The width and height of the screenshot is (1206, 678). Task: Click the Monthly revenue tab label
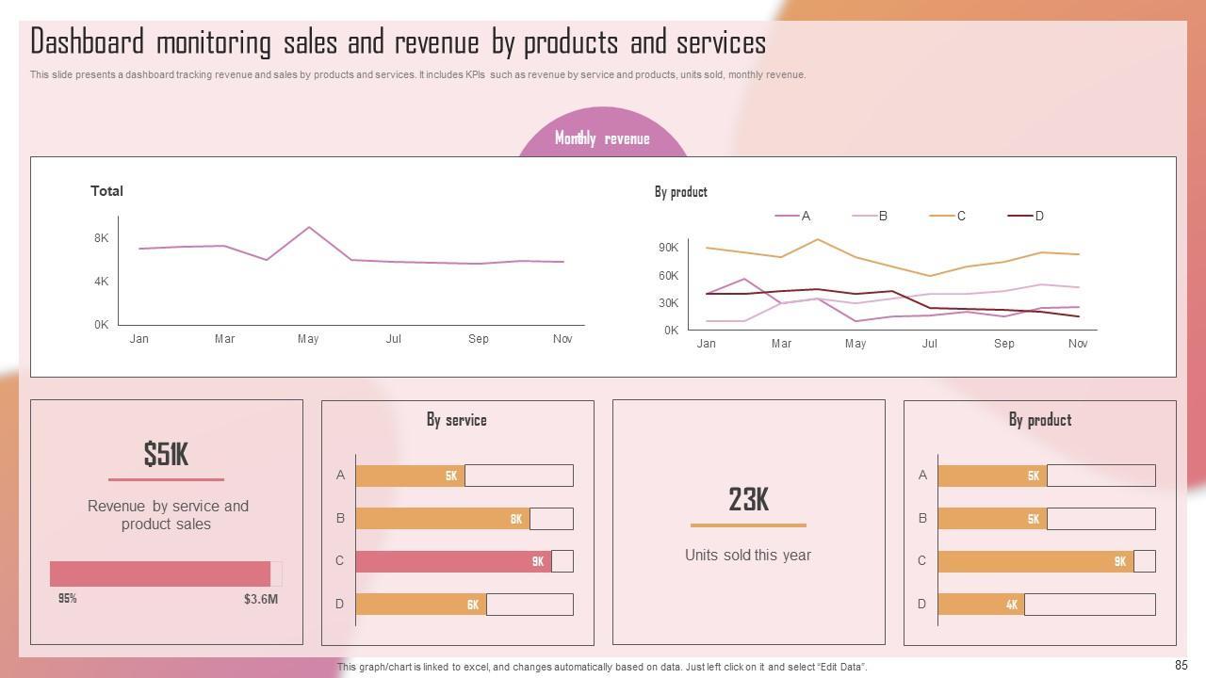(x=602, y=138)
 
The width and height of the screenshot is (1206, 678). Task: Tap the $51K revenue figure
(x=166, y=455)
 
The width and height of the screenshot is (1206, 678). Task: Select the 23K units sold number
(x=748, y=500)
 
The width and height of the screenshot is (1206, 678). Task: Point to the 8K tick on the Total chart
(x=101, y=238)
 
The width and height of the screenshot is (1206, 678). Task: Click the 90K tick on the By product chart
(x=668, y=248)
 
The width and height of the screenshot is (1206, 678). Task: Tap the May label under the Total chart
(x=308, y=339)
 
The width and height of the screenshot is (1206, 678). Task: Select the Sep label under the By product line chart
(x=1004, y=344)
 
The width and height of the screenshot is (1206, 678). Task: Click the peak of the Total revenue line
(x=309, y=227)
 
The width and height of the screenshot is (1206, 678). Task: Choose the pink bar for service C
(x=453, y=561)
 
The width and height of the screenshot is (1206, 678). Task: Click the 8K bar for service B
(x=442, y=519)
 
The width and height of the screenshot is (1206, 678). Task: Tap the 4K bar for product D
(x=981, y=605)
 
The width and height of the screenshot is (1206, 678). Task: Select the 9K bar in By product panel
(x=1035, y=561)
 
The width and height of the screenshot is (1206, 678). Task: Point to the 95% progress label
(x=67, y=599)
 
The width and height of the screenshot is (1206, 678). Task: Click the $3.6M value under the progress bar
(x=261, y=599)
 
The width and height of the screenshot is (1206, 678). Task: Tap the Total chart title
(x=106, y=191)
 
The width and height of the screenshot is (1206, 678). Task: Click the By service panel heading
(x=457, y=420)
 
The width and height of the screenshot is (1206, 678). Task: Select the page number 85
(x=1182, y=666)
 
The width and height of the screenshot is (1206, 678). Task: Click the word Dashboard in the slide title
(x=88, y=42)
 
